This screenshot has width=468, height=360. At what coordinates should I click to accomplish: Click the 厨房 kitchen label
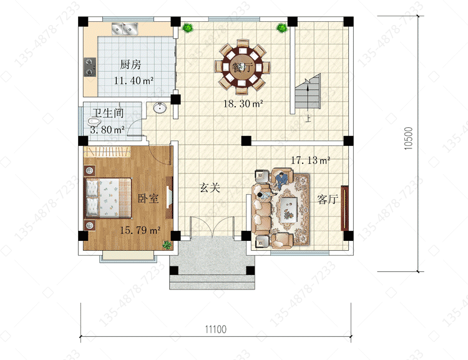[130, 64]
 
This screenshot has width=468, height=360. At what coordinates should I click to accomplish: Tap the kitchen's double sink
[125, 29]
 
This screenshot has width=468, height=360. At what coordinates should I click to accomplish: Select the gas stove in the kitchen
[90, 67]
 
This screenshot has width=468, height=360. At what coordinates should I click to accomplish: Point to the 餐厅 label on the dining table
[242, 67]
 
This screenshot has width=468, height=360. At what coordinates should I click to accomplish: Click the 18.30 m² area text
[243, 104]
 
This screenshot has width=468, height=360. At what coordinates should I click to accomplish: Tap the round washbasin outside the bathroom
[160, 108]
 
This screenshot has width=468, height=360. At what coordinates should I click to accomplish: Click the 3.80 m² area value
[107, 130]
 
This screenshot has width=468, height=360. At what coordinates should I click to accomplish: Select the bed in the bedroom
[109, 198]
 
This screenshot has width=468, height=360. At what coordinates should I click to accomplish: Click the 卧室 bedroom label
[148, 198]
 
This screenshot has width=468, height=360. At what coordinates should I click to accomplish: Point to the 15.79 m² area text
[140, 230]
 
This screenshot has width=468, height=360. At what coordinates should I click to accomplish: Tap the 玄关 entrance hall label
[210, 188]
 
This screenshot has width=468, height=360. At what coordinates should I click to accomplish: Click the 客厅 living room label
[328, 199]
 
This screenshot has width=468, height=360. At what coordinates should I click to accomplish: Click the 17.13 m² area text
[310, 160]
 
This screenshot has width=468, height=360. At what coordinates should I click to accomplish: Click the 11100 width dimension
[216, 329]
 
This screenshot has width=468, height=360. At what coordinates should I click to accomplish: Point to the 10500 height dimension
[408, 139]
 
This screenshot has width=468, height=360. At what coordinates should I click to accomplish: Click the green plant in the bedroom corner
[167, 245]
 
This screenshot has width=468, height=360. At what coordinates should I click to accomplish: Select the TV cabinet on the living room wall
[345, 208]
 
